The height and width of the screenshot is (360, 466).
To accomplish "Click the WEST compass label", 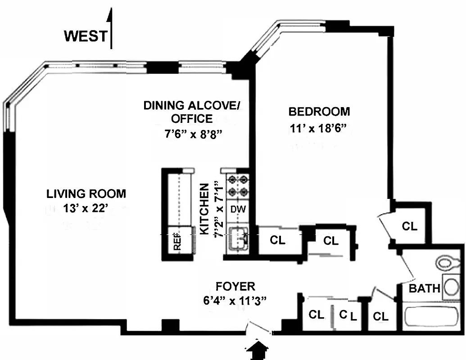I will tap(86, 36).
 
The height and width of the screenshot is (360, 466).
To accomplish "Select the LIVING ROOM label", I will tap(86, 194).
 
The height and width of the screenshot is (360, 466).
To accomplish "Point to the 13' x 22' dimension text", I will tap(86, 209).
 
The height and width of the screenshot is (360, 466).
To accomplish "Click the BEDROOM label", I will tap(319, 111).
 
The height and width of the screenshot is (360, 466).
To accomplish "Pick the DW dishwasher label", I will tap(237, 209).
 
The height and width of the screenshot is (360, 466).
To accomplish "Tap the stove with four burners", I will tap(238, 186).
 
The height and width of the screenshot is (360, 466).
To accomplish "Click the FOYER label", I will tap(235, 286).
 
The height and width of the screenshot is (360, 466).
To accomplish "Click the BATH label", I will tap(424, 288).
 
